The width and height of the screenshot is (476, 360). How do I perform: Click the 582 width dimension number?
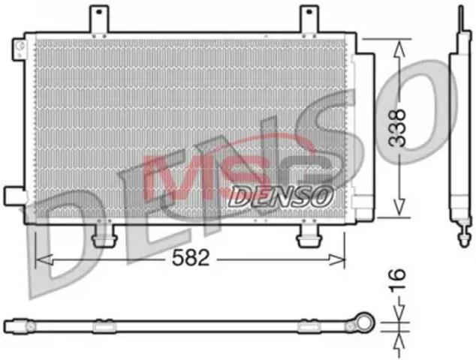(191, 258)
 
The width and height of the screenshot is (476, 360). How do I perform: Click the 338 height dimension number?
(397, 128)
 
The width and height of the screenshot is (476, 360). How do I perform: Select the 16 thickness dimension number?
(397, 280)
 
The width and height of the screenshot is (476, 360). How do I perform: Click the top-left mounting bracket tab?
(98, 19)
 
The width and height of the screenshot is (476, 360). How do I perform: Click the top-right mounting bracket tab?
(309, 19)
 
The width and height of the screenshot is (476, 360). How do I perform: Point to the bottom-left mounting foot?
(104, 235)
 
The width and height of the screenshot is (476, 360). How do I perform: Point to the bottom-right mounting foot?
(309, 235)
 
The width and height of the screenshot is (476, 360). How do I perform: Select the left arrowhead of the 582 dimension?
(44, 260)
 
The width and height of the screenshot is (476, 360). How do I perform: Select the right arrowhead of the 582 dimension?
(336, 260)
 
